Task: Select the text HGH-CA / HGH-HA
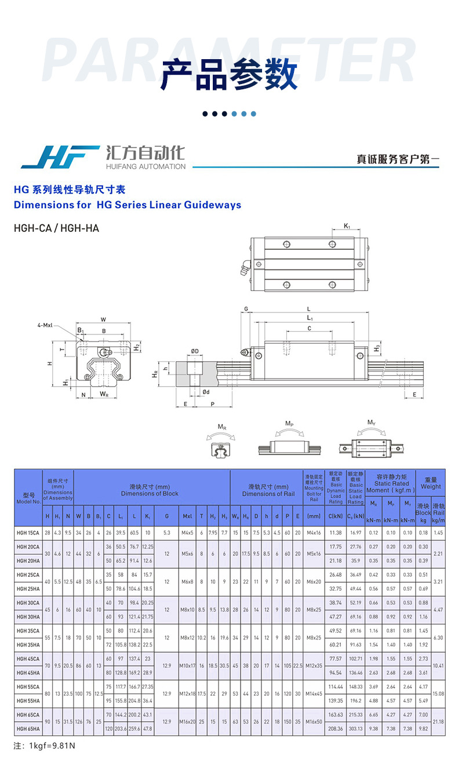56,228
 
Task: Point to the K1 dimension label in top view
347,226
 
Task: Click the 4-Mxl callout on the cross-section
45,325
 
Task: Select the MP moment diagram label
289,424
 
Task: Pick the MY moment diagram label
372,423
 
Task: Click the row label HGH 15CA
28,532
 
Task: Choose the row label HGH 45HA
28,673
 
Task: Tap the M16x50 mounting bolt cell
314,722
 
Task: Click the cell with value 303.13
355,729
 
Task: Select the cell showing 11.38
335,532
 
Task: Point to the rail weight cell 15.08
438,693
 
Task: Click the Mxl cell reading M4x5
187,532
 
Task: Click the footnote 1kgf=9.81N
44,745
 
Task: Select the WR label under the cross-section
104,394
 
